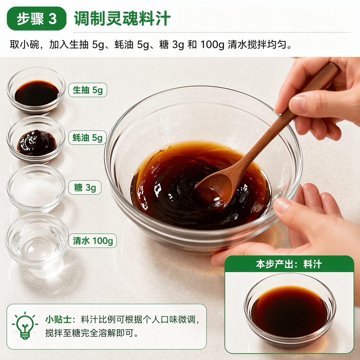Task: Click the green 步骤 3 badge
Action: click(37, 18)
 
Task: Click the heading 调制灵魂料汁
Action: click(122, 18)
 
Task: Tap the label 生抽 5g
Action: click(88, 90)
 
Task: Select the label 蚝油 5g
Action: click(88, 138)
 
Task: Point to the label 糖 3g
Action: click(85, 188)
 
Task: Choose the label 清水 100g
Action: click(93, 241)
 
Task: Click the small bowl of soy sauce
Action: click(36, 91)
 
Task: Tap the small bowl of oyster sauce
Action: click(36, 140)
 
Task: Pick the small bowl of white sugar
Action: click(36, 188)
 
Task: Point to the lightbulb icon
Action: click(25, 326)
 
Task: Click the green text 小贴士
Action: click(58, 319)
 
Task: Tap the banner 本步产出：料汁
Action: click(289, 264)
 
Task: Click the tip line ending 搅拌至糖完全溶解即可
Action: click(92, 333)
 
